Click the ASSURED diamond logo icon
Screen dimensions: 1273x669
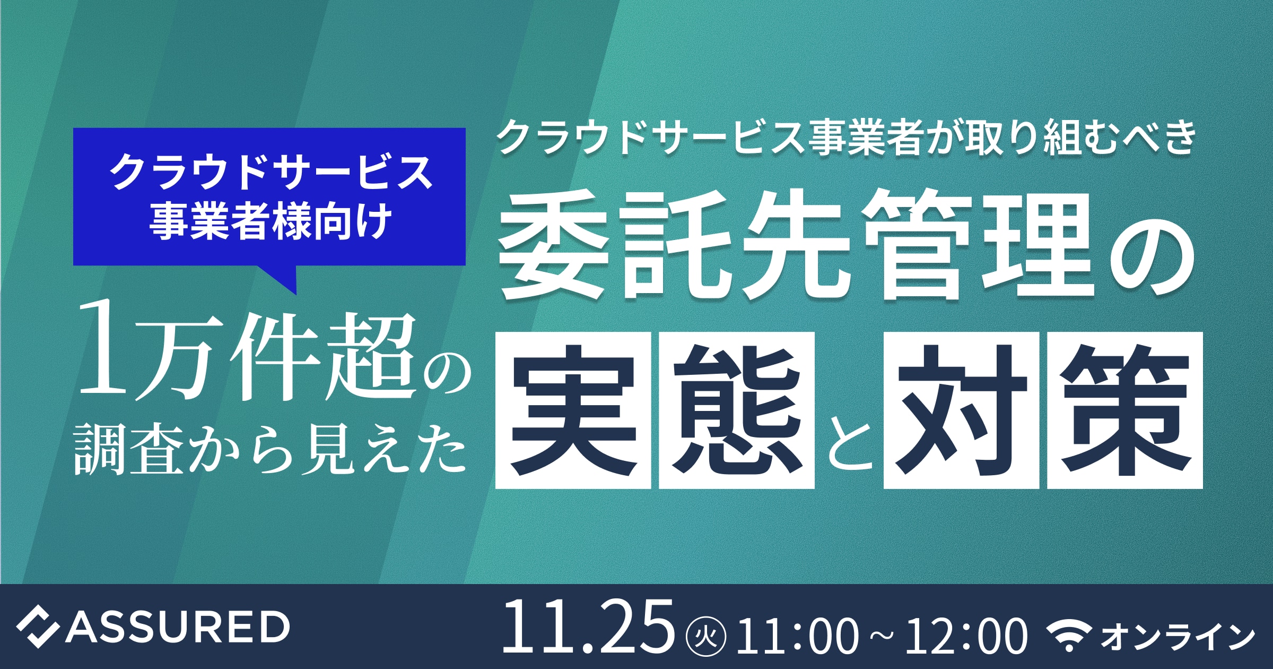point(37,627)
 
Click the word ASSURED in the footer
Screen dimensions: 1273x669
point(177,627)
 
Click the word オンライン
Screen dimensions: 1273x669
point(1178,636)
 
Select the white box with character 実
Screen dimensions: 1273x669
point(573,410)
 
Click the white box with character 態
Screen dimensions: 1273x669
point(737,410)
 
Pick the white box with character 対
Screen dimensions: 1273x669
point(961,410)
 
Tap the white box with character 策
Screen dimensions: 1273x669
point(1125,410)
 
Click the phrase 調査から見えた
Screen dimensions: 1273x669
point(270,450)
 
